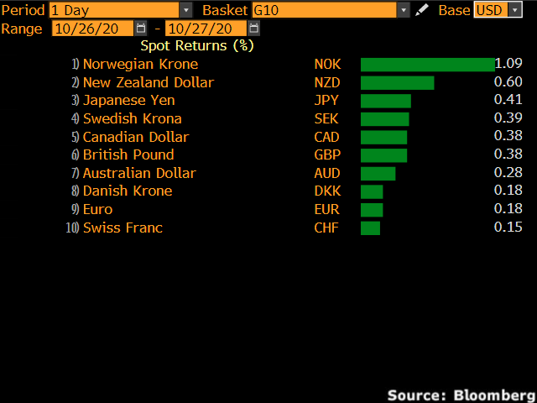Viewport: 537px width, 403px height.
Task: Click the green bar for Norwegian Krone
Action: [x=427, y=65]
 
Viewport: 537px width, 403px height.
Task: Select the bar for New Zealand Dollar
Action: [x=397, y=82]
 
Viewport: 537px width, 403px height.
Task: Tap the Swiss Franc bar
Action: [x=370, y=228]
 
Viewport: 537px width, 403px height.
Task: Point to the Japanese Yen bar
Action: [x=385, y=101]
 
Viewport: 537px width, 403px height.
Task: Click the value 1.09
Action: [x=508, y=64]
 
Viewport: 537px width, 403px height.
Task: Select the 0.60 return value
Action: [x=508, y=82]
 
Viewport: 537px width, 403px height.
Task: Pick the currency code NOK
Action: [x=327, y=64]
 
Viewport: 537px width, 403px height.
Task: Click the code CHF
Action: [x=326, y=228]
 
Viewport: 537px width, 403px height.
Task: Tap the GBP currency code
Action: [x=326, y=154]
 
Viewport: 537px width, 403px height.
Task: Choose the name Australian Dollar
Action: [x=139, y=173]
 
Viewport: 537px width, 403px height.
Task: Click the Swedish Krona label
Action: [x=132, y=118]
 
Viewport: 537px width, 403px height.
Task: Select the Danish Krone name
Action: [x=128, y=191]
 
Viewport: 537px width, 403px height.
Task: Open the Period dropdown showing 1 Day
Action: [x=120, y=10]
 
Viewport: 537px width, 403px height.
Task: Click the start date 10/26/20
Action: [x=92, y=28]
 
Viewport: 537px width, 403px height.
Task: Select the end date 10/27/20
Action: [x=205, y=28]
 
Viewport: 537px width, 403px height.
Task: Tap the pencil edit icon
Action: [x=422, y=10]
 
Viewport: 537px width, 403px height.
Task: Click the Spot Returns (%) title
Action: [x=197, y=45]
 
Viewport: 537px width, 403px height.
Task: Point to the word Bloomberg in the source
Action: [x=493, y=394]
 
